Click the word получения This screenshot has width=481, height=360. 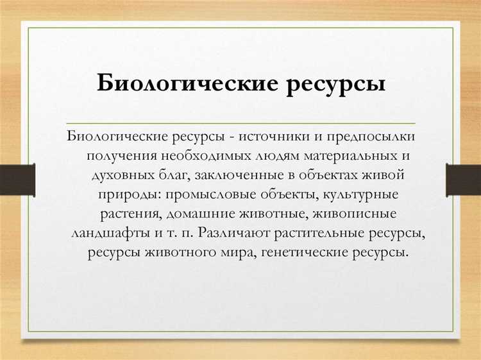118,155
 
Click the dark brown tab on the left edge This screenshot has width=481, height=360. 17,178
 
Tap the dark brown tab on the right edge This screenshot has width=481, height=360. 463,178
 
